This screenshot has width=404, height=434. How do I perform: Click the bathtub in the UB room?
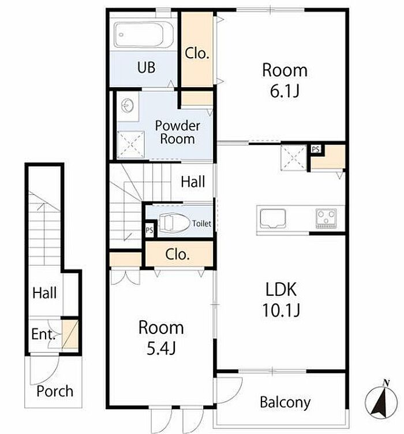[144, 35]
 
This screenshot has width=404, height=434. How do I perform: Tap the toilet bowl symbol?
[174, 222]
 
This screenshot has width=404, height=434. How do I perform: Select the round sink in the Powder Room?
[128, 106]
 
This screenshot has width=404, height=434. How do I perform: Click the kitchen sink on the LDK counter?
[273, 218]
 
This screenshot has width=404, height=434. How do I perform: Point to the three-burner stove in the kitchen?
[326, 218]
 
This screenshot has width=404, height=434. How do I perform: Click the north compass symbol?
[381, 399]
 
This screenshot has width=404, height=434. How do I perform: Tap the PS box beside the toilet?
[149, 230]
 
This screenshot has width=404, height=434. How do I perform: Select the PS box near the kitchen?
[316, 150]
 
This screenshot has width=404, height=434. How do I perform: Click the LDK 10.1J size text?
[281, 310]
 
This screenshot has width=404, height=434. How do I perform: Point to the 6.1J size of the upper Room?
[285, 91]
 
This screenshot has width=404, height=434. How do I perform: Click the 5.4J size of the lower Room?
[161, 348]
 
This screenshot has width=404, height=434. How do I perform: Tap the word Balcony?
[285, 402]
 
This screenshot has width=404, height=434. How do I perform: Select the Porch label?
[55, 391]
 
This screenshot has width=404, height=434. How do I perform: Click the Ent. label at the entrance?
[44, 334]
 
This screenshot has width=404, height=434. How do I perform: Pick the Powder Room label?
[177, 132]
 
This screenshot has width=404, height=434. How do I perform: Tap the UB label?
[146, 67]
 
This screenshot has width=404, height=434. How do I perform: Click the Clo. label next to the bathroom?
[197, 53]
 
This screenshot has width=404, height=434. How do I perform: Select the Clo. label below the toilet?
[177, 254]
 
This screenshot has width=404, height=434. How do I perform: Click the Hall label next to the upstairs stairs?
[193, 182]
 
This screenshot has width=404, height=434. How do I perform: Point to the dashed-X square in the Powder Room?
[130, 144]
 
